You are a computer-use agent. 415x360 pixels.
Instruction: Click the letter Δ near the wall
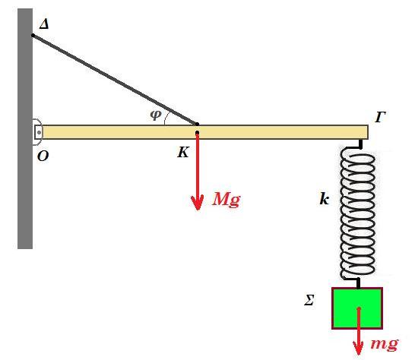[44, 24]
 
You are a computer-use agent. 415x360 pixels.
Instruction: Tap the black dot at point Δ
[33, 35]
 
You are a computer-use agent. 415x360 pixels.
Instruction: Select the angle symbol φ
[156, 115]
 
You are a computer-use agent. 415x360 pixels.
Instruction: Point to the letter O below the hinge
[43, 156]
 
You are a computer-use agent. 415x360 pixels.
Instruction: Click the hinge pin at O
[39, 132]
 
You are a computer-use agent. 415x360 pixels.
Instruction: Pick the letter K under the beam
[183, 153]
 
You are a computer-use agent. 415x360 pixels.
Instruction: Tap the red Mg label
[227, 199]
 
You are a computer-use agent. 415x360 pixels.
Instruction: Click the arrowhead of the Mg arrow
[198, 203]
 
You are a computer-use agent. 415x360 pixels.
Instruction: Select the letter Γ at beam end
[380, 117]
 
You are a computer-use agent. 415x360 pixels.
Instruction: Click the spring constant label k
[324, 199]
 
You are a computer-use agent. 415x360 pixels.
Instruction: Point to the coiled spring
[358, 213]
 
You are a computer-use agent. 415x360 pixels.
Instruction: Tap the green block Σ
[357, 308]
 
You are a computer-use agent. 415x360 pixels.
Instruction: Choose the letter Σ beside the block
[309, 301]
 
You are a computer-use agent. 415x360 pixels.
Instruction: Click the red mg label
[385, 344]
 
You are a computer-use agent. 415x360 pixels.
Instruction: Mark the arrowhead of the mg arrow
[358, 349]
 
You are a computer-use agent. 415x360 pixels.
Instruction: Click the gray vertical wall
[25, 128]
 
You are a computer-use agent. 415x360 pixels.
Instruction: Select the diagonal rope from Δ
[115, 80]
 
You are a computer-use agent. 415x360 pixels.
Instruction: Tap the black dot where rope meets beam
[197, 124]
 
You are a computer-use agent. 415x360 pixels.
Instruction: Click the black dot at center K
[197, 132]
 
